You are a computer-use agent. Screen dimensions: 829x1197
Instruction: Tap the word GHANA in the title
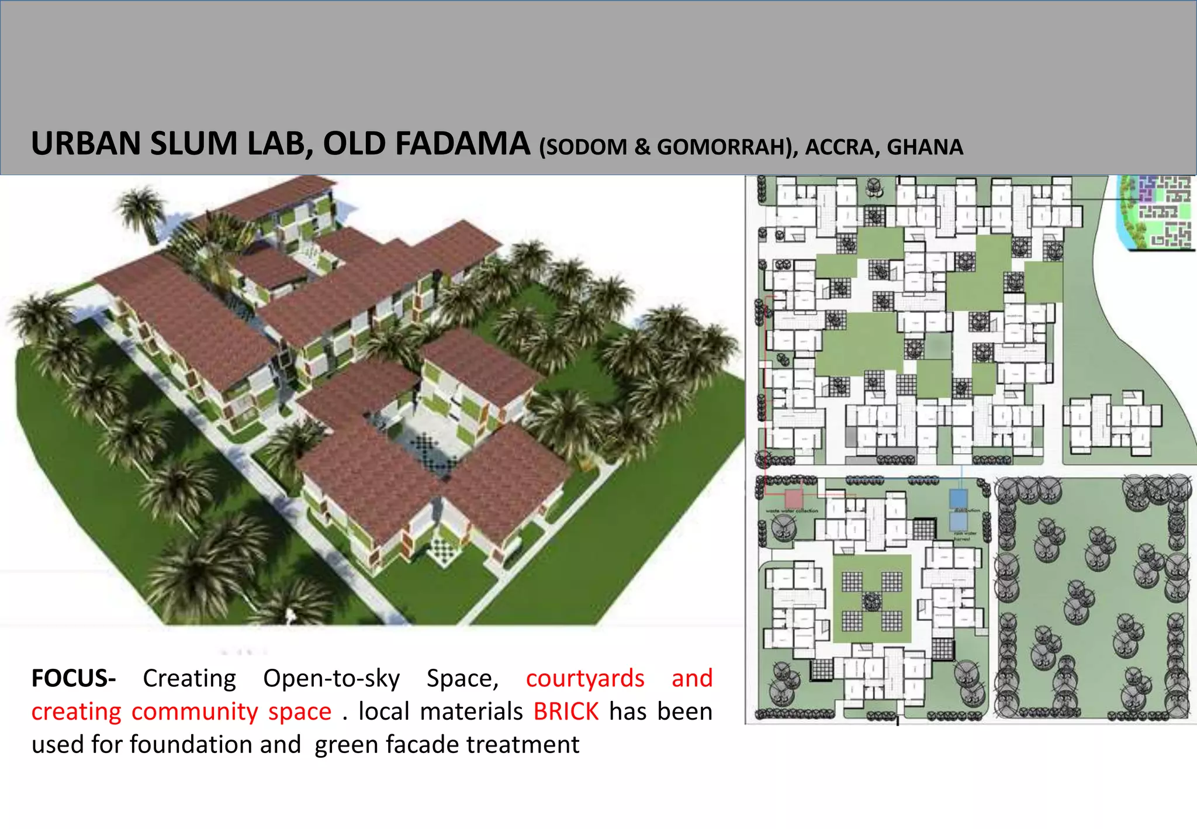point(925,147)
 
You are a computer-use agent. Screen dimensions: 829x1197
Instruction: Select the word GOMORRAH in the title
point(725,147)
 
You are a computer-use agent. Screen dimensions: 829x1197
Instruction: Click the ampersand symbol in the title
point(642,147)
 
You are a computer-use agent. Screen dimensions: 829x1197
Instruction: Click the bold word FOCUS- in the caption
point(74,678)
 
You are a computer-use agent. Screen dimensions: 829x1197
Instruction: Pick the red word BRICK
point(566,711)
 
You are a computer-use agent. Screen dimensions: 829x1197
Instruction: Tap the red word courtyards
point(585,678)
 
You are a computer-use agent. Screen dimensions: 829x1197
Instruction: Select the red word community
point(195,711)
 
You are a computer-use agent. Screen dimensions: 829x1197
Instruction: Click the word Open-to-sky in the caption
point(331,678)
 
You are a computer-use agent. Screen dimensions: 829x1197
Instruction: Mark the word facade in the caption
point(421,745)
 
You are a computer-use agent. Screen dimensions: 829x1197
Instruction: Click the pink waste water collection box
point(793,499)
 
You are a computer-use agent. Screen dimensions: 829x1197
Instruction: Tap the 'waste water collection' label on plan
point(792,511)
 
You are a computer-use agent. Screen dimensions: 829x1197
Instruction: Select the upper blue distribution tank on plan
point(959,498)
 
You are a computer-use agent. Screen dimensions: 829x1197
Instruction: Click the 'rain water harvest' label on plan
point(965,536)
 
